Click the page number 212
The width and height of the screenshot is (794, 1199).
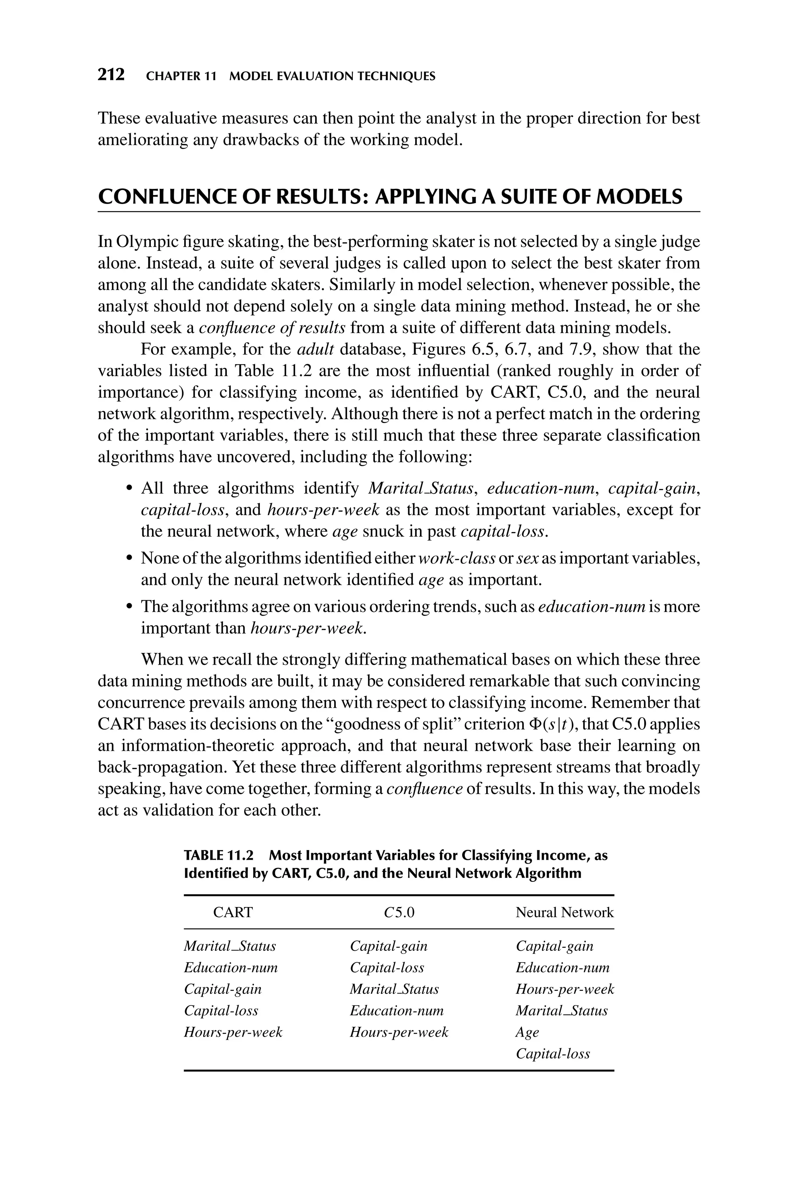[111, 75]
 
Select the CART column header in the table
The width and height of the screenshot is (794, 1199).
[233, 912]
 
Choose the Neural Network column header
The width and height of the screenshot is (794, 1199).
[564, 912]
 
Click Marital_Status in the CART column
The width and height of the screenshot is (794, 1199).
[230, 946]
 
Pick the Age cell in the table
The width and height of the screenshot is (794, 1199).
[527, 1032]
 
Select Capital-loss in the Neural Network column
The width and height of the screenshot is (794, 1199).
[552, 1054]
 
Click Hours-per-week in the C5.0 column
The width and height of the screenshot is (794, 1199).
[399, 1032]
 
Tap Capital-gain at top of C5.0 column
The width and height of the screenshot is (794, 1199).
[388, 946]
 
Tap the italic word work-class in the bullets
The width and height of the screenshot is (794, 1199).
[457, 558]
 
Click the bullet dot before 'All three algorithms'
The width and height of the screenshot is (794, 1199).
[129, 489]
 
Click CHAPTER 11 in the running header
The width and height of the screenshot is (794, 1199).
[181, 76]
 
